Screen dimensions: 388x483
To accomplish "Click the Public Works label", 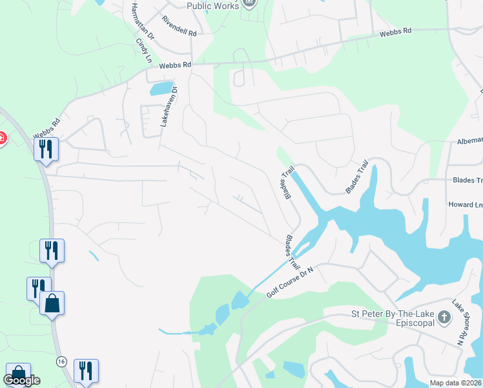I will pyautogui.click(x=212, y=6).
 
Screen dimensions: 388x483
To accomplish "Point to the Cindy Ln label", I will pyautogui.click(x=143, y=50).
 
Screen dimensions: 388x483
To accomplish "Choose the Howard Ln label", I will pyautogui.click(x=466, y=204).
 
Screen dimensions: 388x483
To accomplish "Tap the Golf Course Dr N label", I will pyautogui.click(x=289, y=283).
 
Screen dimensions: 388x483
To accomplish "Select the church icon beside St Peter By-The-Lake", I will pyautogui.click(x=444, y=318).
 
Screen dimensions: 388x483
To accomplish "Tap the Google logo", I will pyautogui.click(x=21, y=380).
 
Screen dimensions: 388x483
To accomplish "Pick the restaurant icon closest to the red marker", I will pyautogui.click(x=46, y=149).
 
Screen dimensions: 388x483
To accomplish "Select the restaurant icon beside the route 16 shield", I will pyautogui.click(x=86, y=371).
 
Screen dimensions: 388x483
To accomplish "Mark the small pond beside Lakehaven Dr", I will pyautogui.click(x=161, y=89).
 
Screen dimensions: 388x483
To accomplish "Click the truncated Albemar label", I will pyautogui.click(x=469, y=140).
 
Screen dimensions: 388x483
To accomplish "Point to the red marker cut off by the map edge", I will pyautogui.click(x=2, y=138).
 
